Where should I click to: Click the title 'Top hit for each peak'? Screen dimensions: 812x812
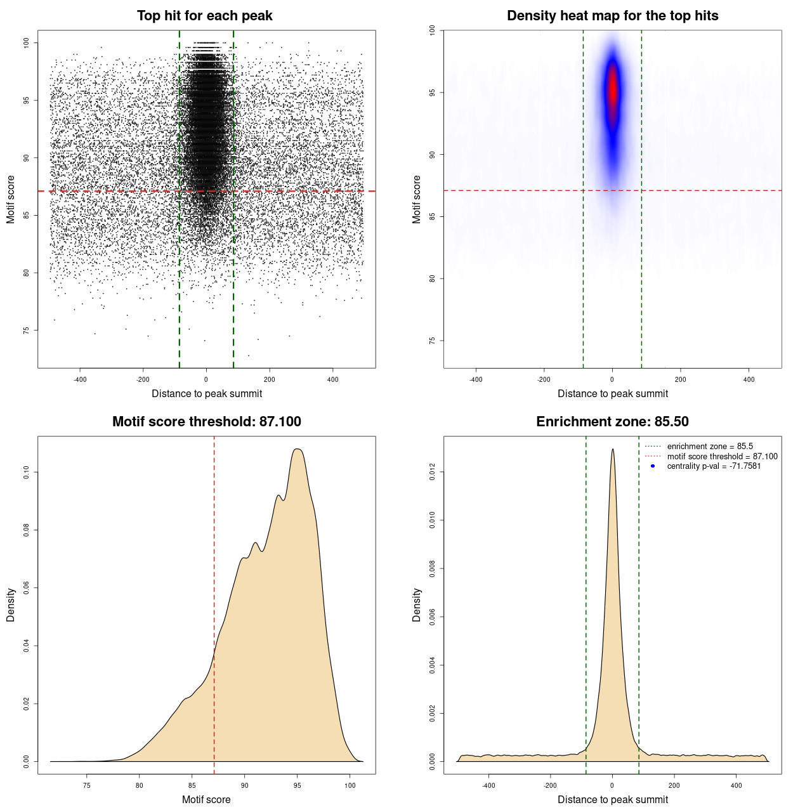click(x=204, y=16)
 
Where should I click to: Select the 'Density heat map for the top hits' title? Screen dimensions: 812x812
click(x=612, y=16)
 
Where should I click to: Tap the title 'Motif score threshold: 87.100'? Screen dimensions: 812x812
click(x=206, y=422)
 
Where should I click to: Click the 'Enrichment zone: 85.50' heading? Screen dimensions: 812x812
click(x=612, y=422)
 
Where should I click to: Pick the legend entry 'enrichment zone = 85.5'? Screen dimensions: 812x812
click(x=709, y=447)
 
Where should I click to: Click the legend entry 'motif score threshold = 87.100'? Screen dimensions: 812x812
click(x=722, y=456)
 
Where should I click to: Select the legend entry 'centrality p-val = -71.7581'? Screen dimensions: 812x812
click(x=714, y=466)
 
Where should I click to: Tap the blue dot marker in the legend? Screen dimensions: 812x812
click(x=653, y=466)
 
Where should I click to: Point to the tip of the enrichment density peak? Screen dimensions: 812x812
click(x=612, y=449)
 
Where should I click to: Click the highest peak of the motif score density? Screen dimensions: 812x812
click(x=298, y=449)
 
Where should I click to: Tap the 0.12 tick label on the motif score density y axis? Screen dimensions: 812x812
click(x=27, y=472)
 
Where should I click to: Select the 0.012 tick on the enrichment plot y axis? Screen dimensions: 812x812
click(x=433, y=472)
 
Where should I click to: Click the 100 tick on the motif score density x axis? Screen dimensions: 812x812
click(x=350, y=785)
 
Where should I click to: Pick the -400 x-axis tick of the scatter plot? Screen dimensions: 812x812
click(x=80, y=379)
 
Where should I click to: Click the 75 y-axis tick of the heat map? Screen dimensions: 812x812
click(x=433, y=341)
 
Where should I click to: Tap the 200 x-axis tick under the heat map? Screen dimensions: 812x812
click(x=680, y=379)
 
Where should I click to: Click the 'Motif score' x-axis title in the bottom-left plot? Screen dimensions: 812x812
click(x=206, y=799)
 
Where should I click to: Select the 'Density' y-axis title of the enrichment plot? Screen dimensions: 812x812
click(x=417, y=605)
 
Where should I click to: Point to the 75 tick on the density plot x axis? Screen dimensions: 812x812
click(x=87, y=785)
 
